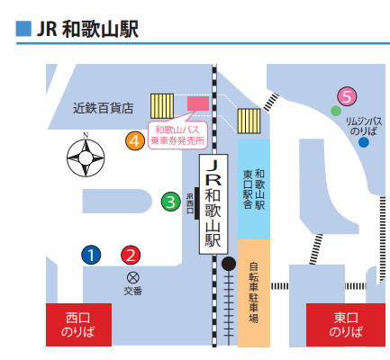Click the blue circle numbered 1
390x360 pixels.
(x=91, y=255)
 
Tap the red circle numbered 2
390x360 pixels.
(x=131, y=255)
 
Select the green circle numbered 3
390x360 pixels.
(x=170, y=202)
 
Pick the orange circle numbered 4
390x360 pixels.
(x=135, y=140)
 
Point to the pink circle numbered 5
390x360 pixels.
(x=347, y=96)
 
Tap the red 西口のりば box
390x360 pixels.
(x=78, y=325)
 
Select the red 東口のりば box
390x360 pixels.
(x=346, y=325)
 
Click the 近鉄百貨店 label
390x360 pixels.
(x=103, y=108)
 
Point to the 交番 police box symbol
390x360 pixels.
(x=132, y=278)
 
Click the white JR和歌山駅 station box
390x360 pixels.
(x=213, y=204)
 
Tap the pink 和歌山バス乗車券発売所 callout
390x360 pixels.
(x=177, y=135)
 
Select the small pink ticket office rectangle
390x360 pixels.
(x=198, y=103)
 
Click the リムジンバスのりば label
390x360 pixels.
(x=364, y=126)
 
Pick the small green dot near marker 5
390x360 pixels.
(x=336, y=111)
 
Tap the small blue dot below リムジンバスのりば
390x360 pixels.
(x=364, y=142)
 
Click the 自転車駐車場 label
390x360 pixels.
(x=254, y=292)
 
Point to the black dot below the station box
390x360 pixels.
(x=229, y=264)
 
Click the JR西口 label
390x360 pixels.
(x=190, y=203)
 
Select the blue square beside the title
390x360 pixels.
(x=23, y=29)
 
